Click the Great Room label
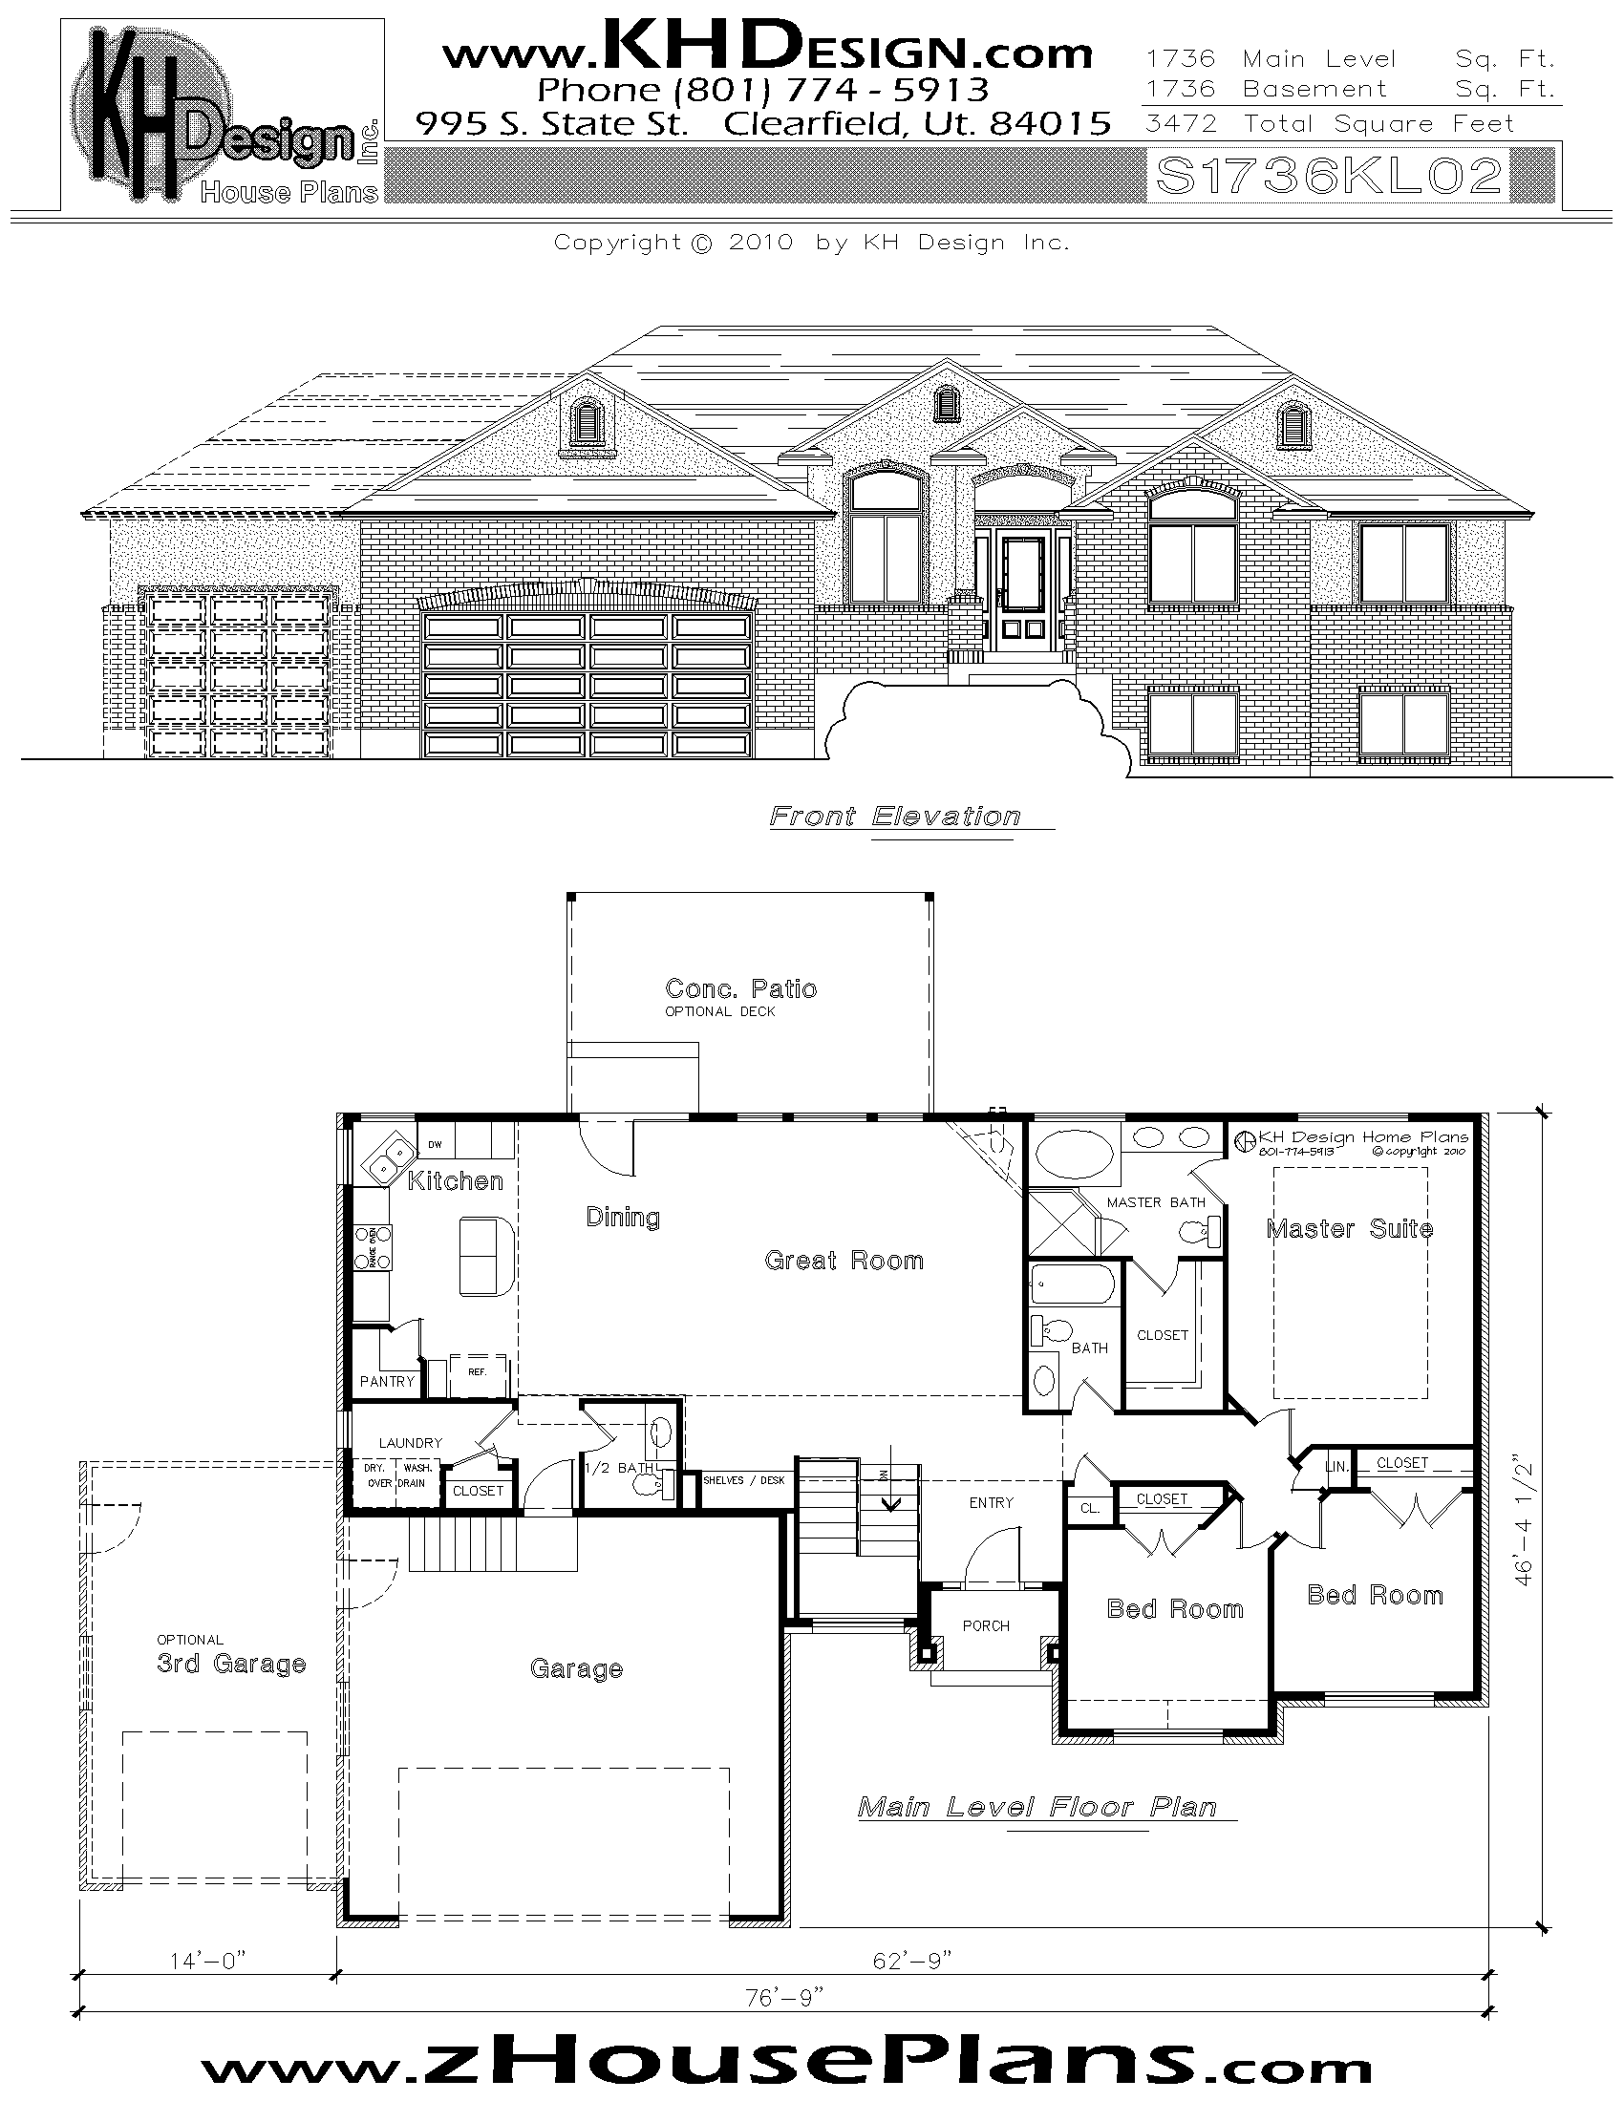click(x=844, y=1261)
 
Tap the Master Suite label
click(x=1349, y=1228)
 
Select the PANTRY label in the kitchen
click(x=387, y=1382)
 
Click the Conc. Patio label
click(x=740, y=989)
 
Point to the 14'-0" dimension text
click(x=208, y=1961)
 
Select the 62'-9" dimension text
click(x=912, y=1961)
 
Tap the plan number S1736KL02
click(x=1329, y=177)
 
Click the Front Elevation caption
click(x=895, y=817)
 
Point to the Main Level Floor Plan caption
click(x=1038, y=1808)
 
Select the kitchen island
click(x=487, y=1256)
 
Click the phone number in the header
click(x=762, y=91)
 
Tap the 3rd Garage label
click(x=231, y=1664)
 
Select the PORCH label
click(x=986, y=1625)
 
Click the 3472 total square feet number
click(x=1181, y=124)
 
